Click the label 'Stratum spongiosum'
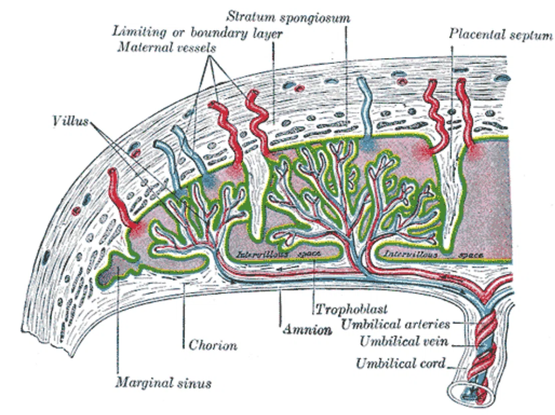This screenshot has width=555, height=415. (288, 18)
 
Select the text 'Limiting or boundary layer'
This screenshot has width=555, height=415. (197, 33)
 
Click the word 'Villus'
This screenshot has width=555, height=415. (70, 121)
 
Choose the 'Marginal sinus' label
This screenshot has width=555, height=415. (163, 383)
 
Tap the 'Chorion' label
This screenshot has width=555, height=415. (213, 345)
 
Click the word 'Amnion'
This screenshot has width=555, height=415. (307, 330)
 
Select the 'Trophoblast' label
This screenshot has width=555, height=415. (351, 309)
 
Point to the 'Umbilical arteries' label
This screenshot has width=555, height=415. (396, 324)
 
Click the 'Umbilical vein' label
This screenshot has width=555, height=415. (404, 342)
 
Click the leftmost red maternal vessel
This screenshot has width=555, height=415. (122, 200)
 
